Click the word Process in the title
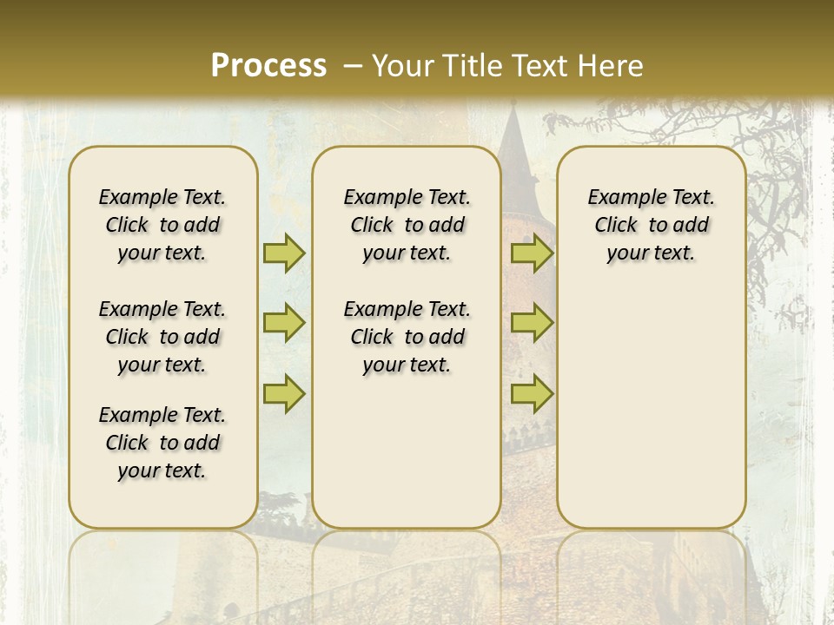(268, 65)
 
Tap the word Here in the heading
(611, 65)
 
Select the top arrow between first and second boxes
(284, 253)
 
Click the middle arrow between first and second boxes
(284, 323)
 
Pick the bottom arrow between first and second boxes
(284, 393)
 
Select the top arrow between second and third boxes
(532, 253)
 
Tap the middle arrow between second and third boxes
(532, 323)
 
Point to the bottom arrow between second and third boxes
(532, 393)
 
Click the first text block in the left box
(162, 225)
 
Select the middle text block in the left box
(162, 337)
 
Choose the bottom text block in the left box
(162, 443)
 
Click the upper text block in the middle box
(407, 225)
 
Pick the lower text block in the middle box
(407, 337)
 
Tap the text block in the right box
(652, 225)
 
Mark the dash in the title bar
(353, 65)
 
